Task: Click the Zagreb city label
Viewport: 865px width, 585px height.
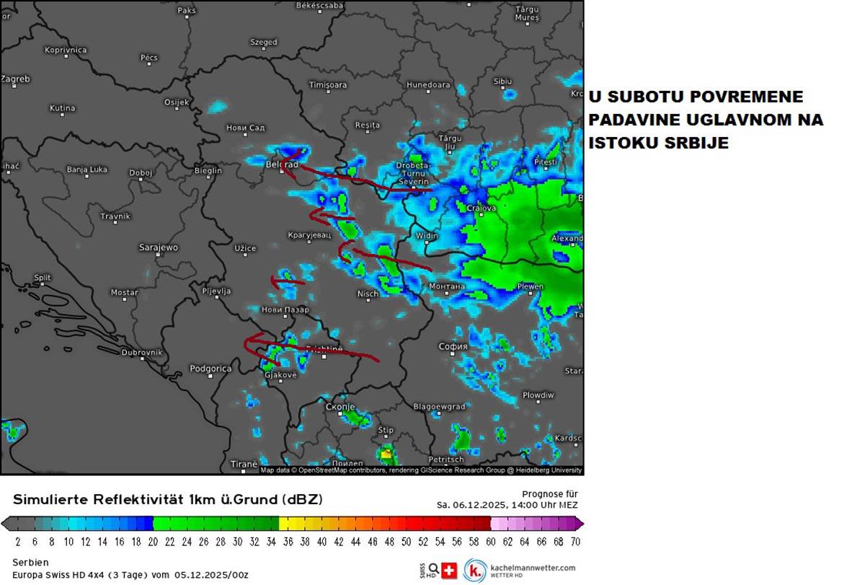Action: [x=15, y=79]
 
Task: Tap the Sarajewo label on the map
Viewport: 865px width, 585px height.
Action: [x=158, y=247]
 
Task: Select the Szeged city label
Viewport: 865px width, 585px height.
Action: [x=263, y=42]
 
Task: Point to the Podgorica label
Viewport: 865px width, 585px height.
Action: [x=210, y=369]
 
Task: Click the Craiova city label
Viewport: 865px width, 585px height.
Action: [x=481, y=208]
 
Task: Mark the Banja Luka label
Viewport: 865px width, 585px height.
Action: [x=86, y=170]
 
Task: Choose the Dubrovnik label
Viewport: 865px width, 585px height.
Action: [x=142, y=352]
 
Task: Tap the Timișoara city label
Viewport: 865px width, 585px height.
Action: [x=328, y=84]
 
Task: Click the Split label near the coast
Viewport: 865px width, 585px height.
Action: [x=43, y=278]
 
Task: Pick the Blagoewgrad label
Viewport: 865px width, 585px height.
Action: [x=439, y=407]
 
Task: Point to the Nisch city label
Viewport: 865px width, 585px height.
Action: [x=368, y=294]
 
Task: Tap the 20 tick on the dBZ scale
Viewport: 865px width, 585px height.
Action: [x=152, y=541]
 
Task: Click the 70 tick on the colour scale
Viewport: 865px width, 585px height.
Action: [x=575, y=541]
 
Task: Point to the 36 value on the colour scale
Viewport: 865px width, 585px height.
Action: [x=287, y=541]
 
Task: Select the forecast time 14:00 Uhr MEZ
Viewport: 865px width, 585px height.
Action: [x=540, y=505]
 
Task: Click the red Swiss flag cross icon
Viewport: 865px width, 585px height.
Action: [x=449, y=571]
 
